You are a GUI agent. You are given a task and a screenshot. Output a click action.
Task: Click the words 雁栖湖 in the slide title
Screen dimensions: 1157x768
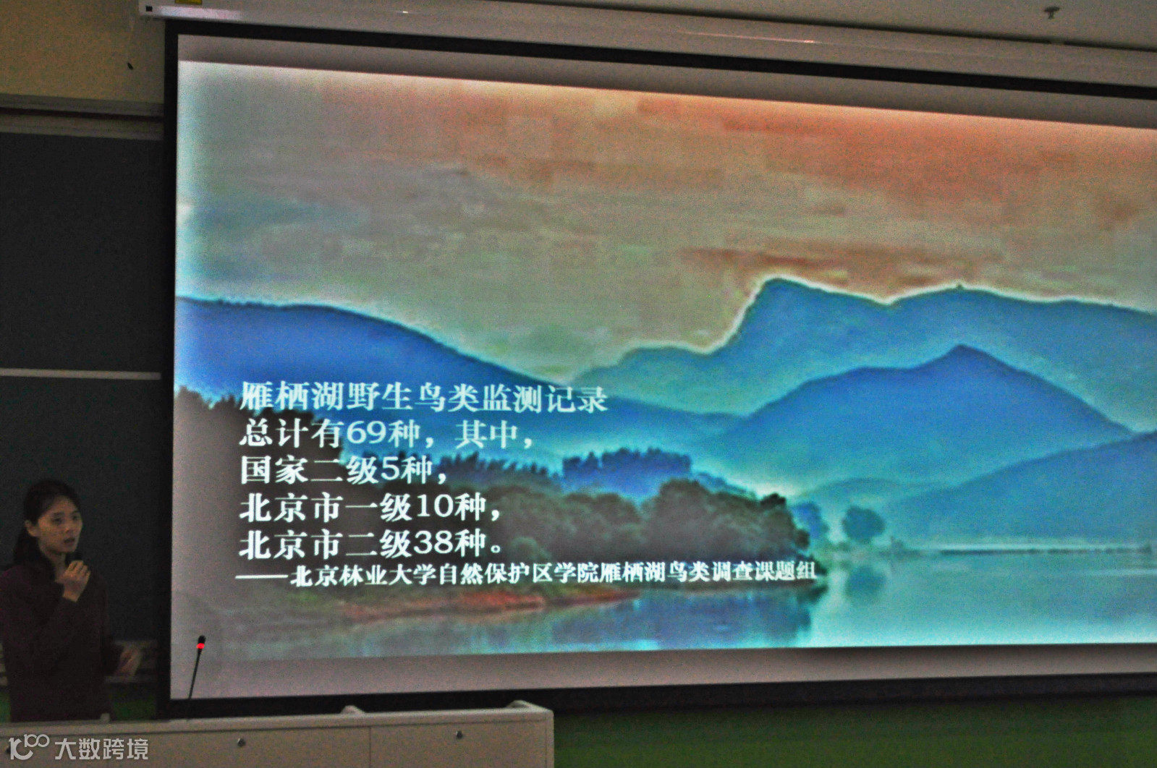[x=291, y=396]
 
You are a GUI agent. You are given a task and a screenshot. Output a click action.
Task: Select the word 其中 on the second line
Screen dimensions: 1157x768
[x=486, y=434]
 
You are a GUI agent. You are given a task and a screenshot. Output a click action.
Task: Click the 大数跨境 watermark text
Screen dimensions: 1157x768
[x=102, y=749]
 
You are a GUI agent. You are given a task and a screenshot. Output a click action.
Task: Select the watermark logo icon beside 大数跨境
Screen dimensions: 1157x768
[x=28, y=747]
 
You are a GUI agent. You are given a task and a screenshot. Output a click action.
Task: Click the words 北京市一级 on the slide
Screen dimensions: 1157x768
[x=326, y=507]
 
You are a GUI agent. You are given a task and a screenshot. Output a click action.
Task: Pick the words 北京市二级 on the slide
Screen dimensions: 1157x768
[x=325, y=544]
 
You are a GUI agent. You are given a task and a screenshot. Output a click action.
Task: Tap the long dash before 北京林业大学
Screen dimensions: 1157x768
[x=263, y=577]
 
